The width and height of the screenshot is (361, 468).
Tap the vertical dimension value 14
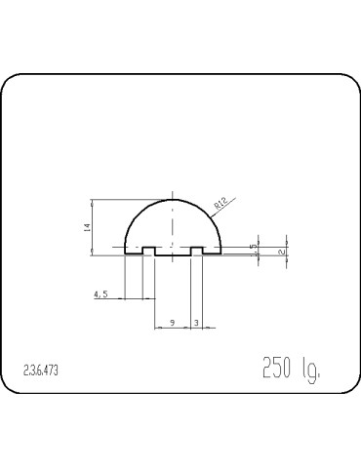click(x=87, y=227)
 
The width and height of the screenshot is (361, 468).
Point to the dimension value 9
click(x=173, y=320)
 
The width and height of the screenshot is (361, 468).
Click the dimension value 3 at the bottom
click(x=197, y=320)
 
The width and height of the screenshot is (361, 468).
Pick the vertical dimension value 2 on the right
click(x=281, y=251)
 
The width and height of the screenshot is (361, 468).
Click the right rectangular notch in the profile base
click(x=197, y=252)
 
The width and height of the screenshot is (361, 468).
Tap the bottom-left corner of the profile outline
click(x=126, y=255)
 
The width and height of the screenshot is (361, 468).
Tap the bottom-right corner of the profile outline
click(x=221, y=255)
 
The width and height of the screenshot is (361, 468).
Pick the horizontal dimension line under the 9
click(x=173, y=327)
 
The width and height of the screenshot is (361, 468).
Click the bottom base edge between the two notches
click(x=173, y=255)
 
